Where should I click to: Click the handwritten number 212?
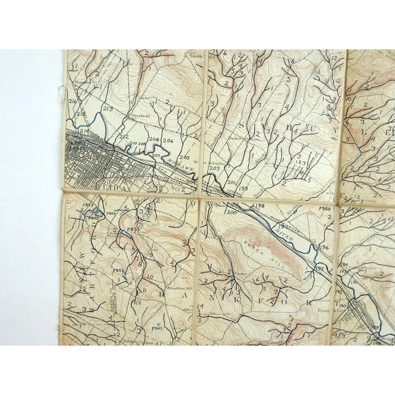click(x=123, y=136)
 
